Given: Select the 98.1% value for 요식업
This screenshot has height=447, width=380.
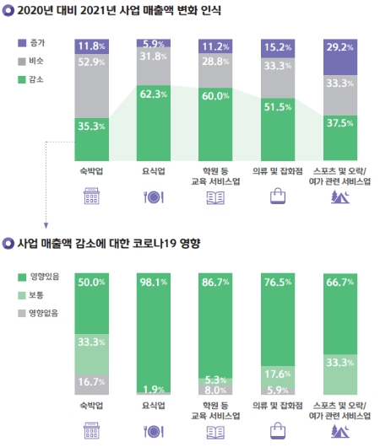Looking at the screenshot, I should point(155,283).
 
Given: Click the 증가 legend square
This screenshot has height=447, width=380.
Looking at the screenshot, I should point(22,41).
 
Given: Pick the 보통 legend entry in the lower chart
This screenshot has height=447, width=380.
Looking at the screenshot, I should point(32,294).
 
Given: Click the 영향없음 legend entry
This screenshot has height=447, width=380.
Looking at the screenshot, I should point(39,313).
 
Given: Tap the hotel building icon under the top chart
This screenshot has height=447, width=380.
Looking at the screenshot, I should point(93,197).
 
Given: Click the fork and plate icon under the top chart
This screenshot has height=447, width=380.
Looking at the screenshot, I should point(155,197).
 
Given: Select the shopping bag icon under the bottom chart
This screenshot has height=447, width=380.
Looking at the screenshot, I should point(279,431).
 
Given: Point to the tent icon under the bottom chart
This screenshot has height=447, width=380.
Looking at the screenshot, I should point(342,431).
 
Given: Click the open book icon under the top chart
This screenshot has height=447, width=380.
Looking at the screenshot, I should point(217,197).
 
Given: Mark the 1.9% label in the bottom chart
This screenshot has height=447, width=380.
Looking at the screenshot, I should point(155,389).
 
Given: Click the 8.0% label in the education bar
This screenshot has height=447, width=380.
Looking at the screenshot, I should point(217,390).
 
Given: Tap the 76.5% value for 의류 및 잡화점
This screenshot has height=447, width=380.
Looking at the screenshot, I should point(279,283).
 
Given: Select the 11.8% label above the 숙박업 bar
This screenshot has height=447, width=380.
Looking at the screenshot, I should point(93,45).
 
